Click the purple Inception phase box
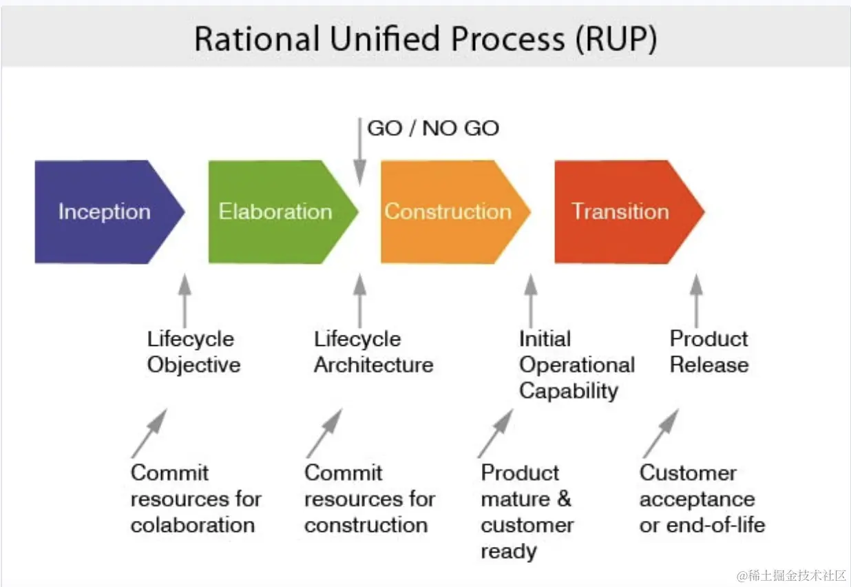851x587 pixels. coord(103,212)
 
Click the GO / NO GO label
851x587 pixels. coord(433,128)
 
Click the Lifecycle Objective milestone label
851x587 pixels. coord(193,351)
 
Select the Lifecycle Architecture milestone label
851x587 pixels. coord(373,351)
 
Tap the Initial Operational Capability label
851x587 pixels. coord(576,364)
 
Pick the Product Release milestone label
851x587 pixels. coord(709,351)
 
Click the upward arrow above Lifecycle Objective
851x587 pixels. coord(184,300)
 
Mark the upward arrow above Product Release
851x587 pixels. coord(696,300)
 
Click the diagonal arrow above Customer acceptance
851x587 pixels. coord(661,433)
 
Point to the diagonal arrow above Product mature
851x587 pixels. coord(496,433)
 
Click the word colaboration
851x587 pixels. coord(193,525)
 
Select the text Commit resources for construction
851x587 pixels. coord(370,499)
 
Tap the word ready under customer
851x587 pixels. coord(509,551)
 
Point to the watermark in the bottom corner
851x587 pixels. coord(791,575)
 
